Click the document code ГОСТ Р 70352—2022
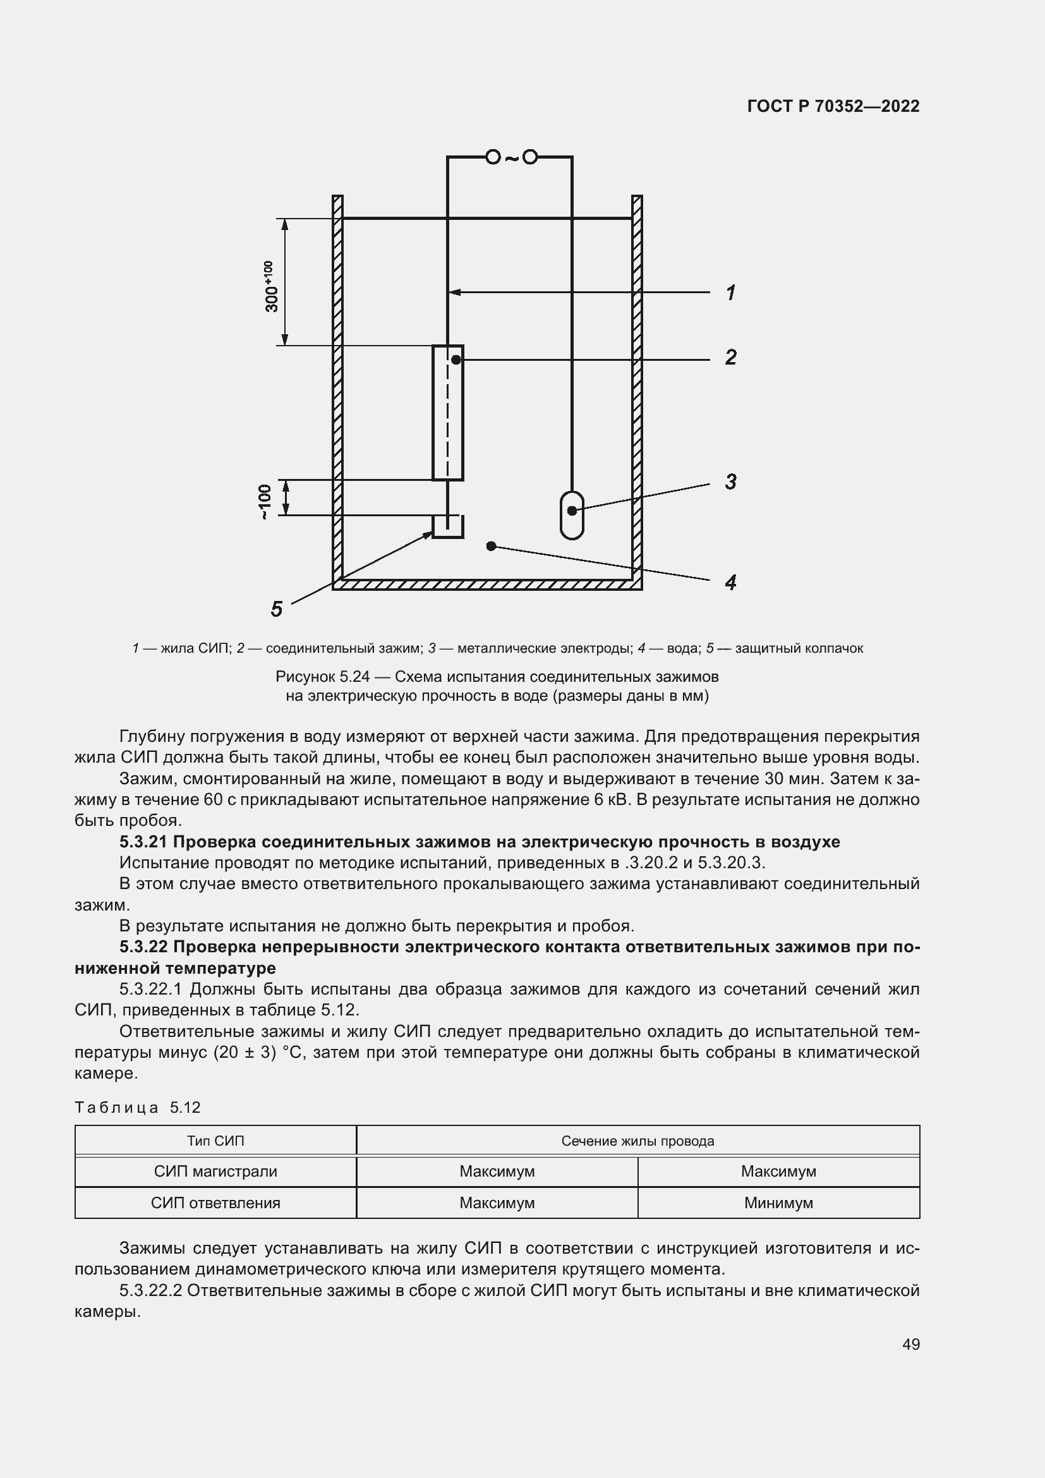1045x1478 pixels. click(x=833, y=106)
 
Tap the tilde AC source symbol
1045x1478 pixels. click(x=511, y=158)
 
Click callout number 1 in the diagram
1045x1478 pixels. click(x=730, y=293)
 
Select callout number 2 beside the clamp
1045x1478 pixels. click(x=730, y=357)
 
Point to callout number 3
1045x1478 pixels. click(x=730, y=482)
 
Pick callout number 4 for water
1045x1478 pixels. click(x=730, y=583)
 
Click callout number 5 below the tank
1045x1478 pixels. click(x=277, y=609)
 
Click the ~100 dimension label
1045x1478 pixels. click(x=265, y=502)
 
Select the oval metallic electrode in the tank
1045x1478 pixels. click(x=571, y=515)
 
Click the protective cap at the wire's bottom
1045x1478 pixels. click(x=447, y=526)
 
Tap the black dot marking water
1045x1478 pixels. click(x=491, y=546)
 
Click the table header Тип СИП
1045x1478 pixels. click(x=215, y=1141)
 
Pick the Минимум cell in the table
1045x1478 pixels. click(x=778, y=1202)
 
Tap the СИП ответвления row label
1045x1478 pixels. click(x=215, y=1202)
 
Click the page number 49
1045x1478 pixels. click(x=910, y=1344)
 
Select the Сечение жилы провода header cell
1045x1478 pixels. click(x=637, y=1141)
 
